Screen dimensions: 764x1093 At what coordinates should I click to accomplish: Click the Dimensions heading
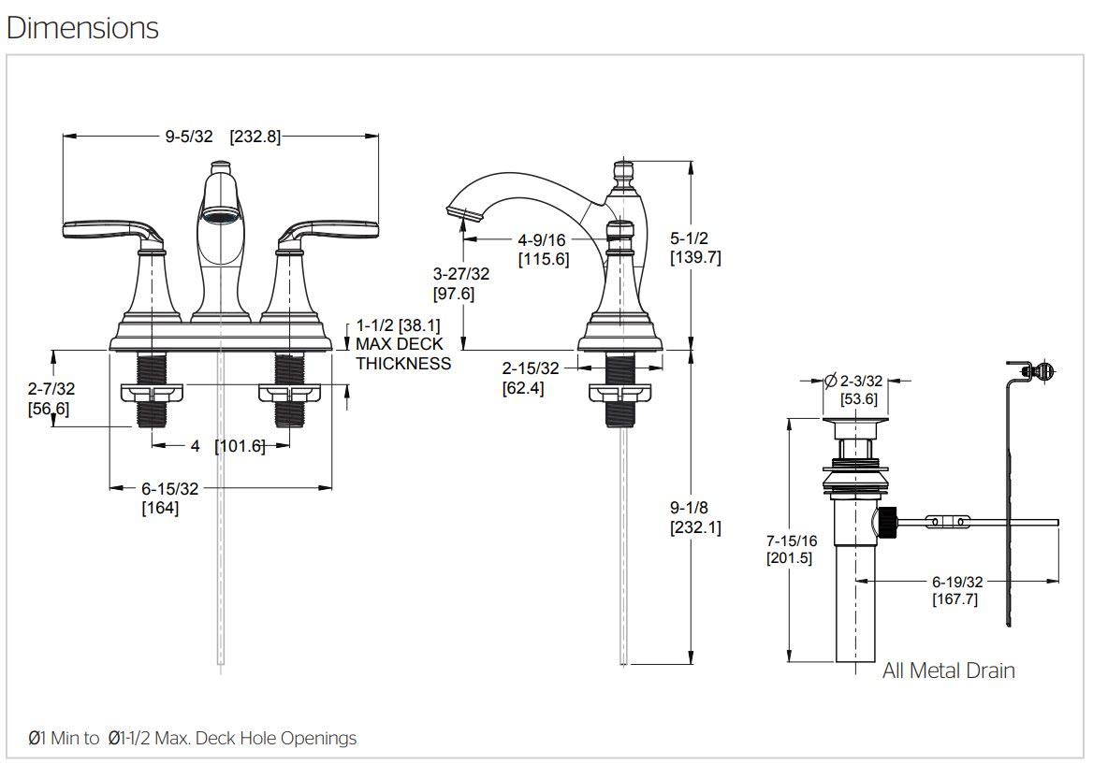pyautogui.click(x=82, y=28)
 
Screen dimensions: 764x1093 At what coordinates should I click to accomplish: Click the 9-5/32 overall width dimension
pyautogui.click(x=189, y=137)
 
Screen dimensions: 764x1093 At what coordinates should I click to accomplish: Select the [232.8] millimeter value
pyautogui.click(x=255, y=137)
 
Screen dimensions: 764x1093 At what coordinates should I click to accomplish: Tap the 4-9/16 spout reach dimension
pyautogui.click(x=542, y=240)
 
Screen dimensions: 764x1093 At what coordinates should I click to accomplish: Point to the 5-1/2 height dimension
pyautogui.click(x=694, y=238)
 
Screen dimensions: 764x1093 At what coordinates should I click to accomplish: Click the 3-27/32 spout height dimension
pyautogui.click(x=460, y=274)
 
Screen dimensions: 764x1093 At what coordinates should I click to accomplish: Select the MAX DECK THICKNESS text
pyautogui.click(x=402, y=353)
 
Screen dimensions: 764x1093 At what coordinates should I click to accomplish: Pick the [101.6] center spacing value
pyautogui.click(x=240, y=446)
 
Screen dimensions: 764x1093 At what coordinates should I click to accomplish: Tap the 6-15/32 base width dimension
pyautogui.click(x=169, y=488)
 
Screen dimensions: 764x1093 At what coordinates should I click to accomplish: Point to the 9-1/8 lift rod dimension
pyautogui.click(x=694, y=508)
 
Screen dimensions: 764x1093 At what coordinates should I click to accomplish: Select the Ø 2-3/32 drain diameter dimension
pyautogui.click(x=853, y=381)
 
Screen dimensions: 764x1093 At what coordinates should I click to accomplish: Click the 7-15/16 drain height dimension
pyautogui.click(x=791, y=541)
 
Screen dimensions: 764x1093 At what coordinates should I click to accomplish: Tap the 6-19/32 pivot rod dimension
pyautogui.click(x=955, y=581)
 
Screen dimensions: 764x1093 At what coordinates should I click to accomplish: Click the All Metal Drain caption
pyautogui.click(x=947, y=670)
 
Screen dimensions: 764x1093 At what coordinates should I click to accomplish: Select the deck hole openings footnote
pyautogui.click(x=192, y=739)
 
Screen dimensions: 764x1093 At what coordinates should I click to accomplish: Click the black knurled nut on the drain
pyautogui.click(x=886, y=522)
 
